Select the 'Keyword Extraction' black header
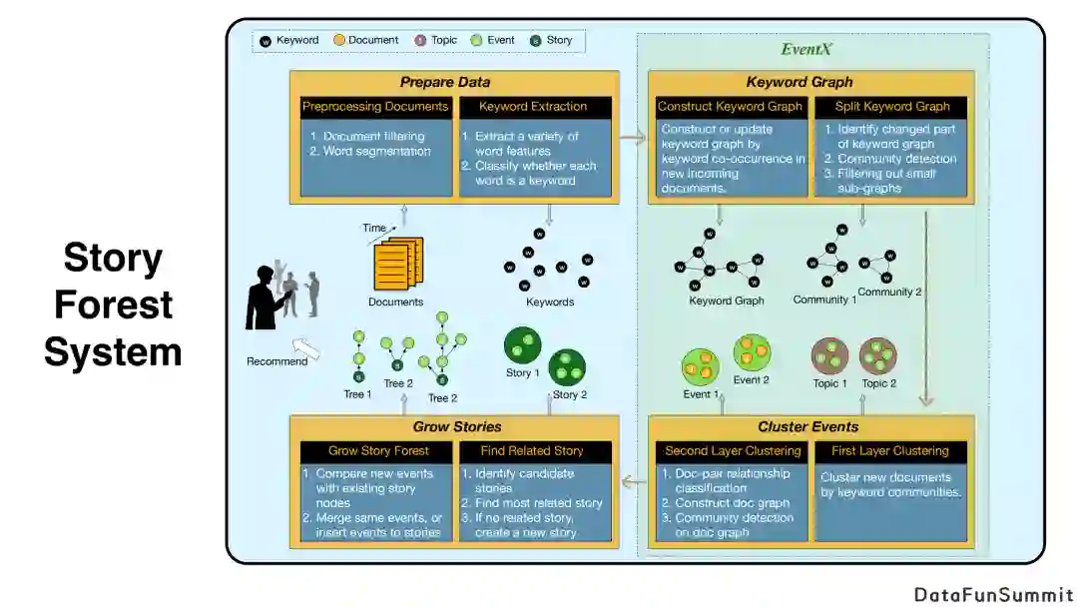coord(533,106)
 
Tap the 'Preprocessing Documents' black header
coord(375,106)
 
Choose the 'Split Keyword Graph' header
coord(890,106)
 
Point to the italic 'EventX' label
coord(806,50)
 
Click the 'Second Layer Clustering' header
coord(732,451)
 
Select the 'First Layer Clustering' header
coord(891,451)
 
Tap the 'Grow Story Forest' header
coord(375,451)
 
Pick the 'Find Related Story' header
coord(532,451)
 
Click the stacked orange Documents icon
coord(398,264)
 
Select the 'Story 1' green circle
coord(521,345)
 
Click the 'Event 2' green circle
coord(752,352)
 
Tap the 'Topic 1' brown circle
coord(829,356)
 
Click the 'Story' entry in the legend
coord(551,41)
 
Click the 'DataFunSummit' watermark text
coord(993,594)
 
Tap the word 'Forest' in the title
coord(114,304)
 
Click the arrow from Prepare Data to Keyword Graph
coord(633,139)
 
